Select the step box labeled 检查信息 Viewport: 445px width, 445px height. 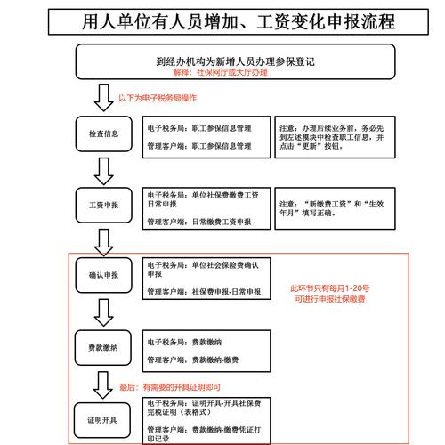(x=103, y=135)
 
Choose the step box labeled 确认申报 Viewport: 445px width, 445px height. (x=103, y=276)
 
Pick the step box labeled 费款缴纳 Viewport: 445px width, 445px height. (x=103, y=344)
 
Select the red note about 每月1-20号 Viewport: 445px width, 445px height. (x=330, y=294)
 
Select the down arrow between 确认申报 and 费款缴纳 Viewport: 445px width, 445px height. (x=102, y=310)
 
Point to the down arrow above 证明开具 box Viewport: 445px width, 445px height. (x=102, y=384)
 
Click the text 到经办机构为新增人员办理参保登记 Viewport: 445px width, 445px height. (x=222, y=61)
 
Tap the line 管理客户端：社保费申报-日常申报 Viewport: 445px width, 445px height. (x=204, y=291)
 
